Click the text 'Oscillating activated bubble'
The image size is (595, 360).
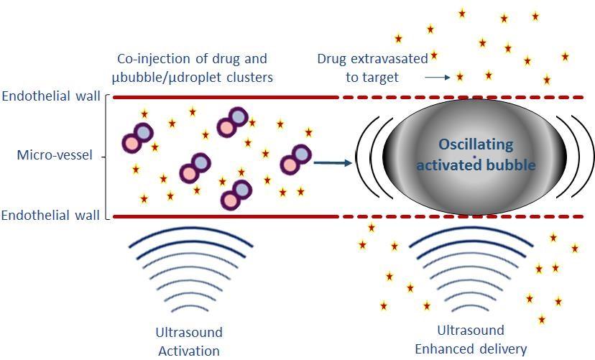tap(476, 154)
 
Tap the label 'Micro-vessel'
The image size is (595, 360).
tap(55, 155)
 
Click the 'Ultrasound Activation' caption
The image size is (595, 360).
tap(189, 341)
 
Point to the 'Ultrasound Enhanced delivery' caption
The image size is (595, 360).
tap(471, 340)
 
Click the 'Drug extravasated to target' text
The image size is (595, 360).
tap(372, 67)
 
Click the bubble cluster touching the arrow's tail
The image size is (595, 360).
tap(295, 160)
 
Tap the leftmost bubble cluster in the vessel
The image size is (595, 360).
tap(137, 137)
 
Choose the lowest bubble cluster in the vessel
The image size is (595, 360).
tap(236, 195)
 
